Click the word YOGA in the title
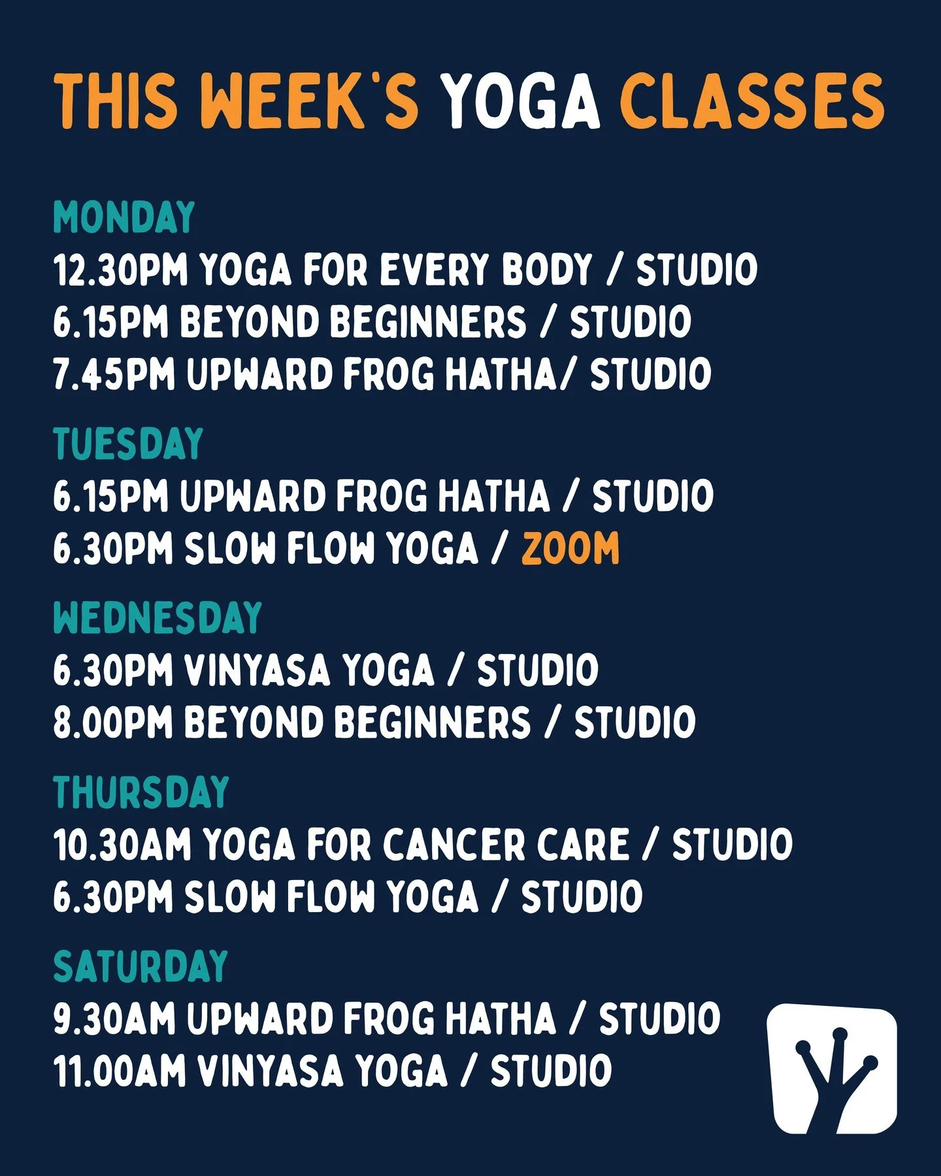pos(520,103)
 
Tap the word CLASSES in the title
pos(751,103)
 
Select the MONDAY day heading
pos(124,218)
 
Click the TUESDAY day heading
pos(128,444)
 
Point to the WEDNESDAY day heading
pos(157,617)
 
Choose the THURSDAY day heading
pos(141,792)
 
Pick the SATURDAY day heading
pos(140,966)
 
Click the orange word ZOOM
pos(570,548)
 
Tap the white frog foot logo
pos(832,1070)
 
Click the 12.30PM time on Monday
pos(120,270)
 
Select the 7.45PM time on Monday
pos(114,374)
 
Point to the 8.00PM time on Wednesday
pos(113,723)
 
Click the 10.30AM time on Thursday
pos(122,844)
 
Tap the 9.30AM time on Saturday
pos(114,1019)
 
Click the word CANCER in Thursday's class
pos(454,844)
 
